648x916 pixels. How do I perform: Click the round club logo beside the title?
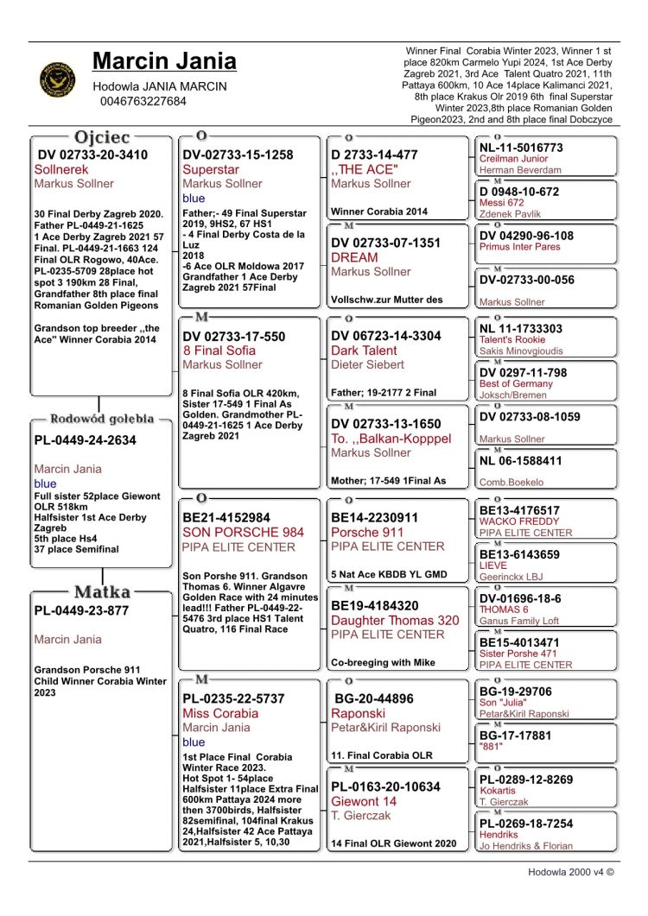tap(58, 79)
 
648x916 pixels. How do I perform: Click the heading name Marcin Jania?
tap(164, 61)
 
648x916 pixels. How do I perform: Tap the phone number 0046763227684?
tap(143, 101)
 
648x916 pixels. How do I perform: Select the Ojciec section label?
tap(102, 137)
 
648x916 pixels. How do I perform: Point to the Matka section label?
tap(102, 592)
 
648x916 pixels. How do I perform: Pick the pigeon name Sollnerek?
tap(61, 170)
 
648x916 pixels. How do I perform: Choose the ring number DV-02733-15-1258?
tap(238, 155)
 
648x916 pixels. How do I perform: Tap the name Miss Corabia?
tap(220, 713)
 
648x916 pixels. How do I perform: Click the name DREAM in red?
tap(354, 257)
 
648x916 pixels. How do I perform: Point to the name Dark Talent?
tap(364, 351)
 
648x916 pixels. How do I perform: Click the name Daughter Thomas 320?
tap(395, 620)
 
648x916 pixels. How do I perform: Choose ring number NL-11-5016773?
tap(521, 148)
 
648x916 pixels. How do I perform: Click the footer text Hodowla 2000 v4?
tap(571, 872)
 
